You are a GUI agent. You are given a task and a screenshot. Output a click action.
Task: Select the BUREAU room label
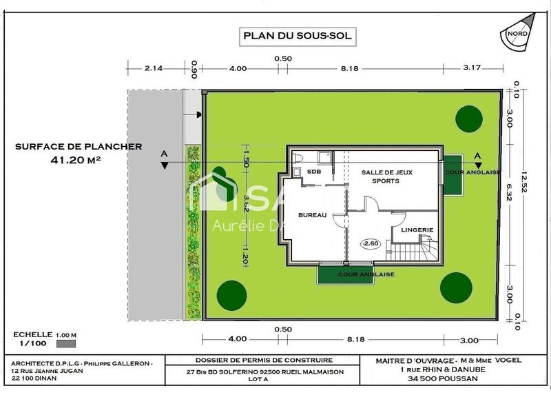(311, 216)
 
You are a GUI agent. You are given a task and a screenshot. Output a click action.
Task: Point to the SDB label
(314, 172)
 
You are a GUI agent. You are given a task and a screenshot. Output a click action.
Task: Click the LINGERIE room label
(417, 230)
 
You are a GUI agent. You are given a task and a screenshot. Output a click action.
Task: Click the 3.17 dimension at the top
(472, 68)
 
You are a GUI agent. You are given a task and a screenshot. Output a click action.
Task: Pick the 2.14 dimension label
(153, 68)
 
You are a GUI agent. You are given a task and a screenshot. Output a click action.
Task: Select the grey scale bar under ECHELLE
(66, 343)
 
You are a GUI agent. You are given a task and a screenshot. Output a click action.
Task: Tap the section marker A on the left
(163, 154)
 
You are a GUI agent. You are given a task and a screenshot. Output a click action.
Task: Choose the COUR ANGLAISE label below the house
(366, 274)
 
